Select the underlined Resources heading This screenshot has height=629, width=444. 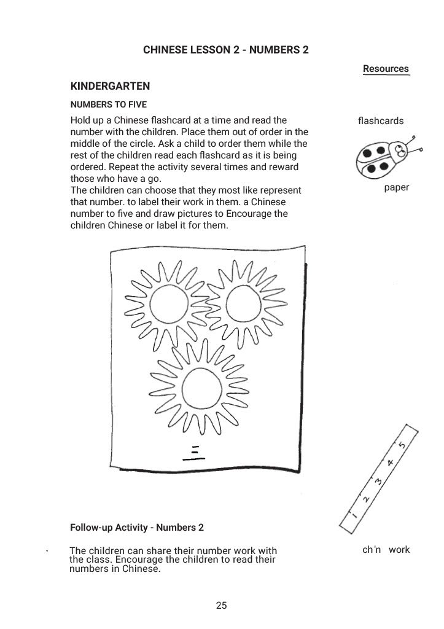click(x=386, y=69)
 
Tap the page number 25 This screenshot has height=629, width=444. click(x=222, y=606)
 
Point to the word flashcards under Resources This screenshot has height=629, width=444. click(x=380, y=121)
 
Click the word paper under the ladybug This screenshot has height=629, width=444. click(x=396, y=188)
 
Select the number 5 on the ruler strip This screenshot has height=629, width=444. click(x=402, y=445)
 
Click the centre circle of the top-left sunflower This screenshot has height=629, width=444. click(x=169, y=303)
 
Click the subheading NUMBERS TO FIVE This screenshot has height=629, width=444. click(x=108, y=104)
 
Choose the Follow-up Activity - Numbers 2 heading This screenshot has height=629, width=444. click(x=137, y=528)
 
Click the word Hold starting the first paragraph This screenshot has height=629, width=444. click(x=81, y=120)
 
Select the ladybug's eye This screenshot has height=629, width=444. click(x=400, y=149)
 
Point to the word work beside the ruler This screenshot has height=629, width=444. click(x=399, y=550)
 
